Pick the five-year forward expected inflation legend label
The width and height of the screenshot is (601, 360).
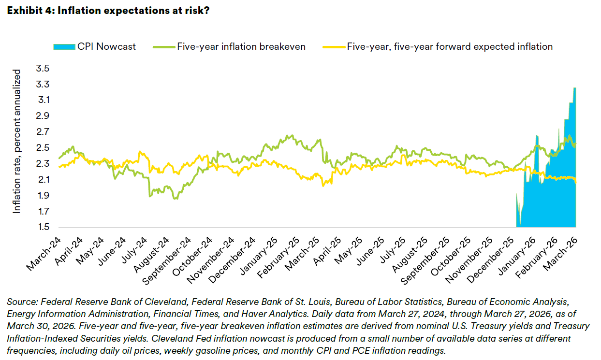pyautogui.click(x=450, y=46)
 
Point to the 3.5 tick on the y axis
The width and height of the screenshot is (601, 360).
pyautogui.click(x=43, y=69)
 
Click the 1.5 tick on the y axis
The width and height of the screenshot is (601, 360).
pyautogui.click(x=43, y=227)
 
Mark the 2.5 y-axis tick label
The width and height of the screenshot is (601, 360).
pyautogui.click(x=43, y=148)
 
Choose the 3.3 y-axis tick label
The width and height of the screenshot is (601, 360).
pyautogui.click(x=43, y=85)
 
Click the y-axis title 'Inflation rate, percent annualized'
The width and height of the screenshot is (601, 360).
pyautogui.click(x=17, y=141)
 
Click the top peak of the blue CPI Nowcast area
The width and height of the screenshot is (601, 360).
pyautogui.click(x=574, y=88)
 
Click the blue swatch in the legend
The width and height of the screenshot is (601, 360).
pyautogui.click(x=63, y=46)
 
